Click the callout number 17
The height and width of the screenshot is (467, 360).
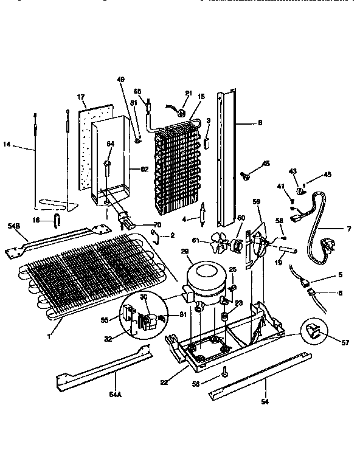80,97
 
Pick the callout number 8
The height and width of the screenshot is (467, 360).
260,123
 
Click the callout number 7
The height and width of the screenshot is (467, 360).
348,229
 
